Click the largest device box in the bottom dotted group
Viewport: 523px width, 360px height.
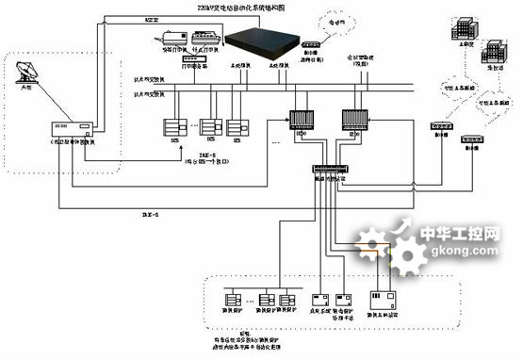click(391, 301)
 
